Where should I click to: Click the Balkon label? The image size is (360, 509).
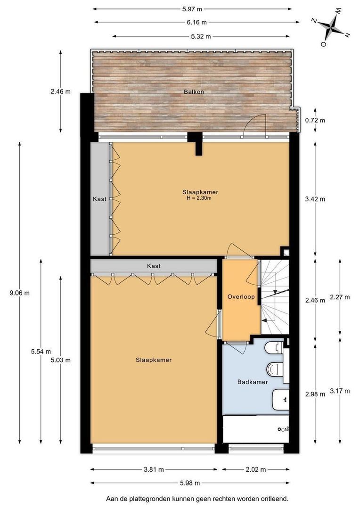click(194, 92)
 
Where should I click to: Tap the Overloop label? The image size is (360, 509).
click(241, 297)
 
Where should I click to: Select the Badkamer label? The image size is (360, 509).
click(253, 382)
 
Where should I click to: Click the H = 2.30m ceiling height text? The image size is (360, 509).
click(199, 198)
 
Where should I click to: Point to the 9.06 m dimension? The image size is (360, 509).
click(19, 293)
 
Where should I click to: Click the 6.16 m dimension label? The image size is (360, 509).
click(196, 23)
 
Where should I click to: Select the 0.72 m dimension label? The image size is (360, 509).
click(315, 121)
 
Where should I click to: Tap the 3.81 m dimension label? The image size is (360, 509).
click(154, 469)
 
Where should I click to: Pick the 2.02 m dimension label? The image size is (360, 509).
click(256, 469)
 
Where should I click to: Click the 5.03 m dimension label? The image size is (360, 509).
click(60, 360)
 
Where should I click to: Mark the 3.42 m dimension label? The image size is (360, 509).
click(315, 199)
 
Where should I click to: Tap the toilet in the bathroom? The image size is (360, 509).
click(275, 369)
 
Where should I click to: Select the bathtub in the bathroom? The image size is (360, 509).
click(256, 429)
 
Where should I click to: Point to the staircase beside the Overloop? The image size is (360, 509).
click(275, 297)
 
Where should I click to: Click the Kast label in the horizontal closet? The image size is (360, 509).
click(154, 266)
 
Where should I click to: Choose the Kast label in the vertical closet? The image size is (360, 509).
click(99, 199)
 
